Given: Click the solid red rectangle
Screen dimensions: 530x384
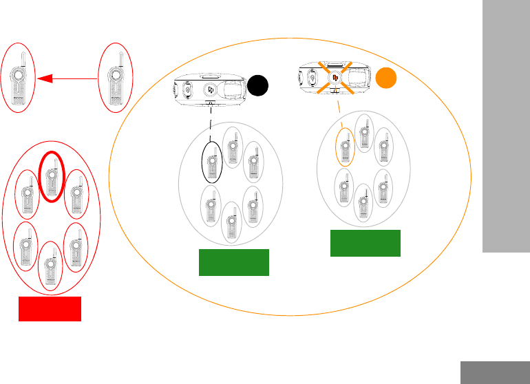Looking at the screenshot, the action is [50, 309].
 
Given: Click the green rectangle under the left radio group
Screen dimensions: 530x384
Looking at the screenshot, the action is [233, 263].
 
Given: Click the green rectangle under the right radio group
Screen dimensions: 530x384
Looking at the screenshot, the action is [365, 243].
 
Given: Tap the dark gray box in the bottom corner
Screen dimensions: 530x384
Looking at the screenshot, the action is [495, 372].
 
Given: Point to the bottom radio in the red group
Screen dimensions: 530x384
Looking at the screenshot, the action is [50, 266].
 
